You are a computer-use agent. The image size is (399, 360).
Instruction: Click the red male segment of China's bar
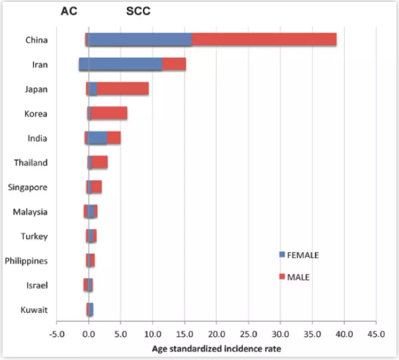pos(264,40)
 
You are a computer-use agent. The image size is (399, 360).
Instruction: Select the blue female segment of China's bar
pos(139,40)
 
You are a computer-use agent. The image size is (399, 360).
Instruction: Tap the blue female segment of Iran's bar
pos(120,64)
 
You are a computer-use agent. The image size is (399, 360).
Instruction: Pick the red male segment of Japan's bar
pos(123,89)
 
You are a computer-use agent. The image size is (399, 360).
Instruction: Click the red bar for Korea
pos(109,113)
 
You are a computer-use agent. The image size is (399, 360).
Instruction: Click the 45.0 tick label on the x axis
pos(376,334)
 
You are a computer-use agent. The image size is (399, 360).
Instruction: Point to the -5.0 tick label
pos(56,334)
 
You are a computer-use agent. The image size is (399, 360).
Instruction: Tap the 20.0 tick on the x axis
pos(216,334)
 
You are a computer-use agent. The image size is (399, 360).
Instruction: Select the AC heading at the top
pos(69,12)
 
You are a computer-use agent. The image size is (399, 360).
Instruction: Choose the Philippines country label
pos(26,261)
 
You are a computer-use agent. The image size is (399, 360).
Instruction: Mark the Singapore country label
pos(28,187)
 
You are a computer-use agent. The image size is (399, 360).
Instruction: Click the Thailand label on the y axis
pos(30,163)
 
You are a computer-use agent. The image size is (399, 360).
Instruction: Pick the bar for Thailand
pos(99,162)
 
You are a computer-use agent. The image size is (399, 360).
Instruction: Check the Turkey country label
pos(35,236)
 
